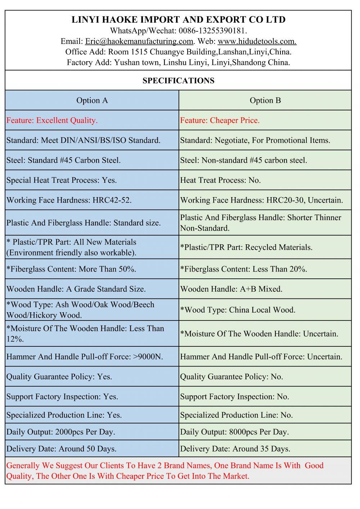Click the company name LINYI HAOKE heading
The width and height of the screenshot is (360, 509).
(179, 20)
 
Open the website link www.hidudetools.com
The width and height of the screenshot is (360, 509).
(257, 41)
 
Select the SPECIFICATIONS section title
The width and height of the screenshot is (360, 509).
(179, 81)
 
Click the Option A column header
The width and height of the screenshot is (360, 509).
(92, 100)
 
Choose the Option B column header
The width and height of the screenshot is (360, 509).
(265, 100)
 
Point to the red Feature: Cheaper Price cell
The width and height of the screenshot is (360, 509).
(220, 121)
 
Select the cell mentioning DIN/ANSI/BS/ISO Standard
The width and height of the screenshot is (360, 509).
(84, 140)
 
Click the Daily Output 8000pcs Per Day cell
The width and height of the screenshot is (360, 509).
(234, 432)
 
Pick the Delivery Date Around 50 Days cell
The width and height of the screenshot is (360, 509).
(62, 449)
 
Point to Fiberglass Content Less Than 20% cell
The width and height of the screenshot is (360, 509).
(244, 269)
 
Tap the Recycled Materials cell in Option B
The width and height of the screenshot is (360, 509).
(246, 247)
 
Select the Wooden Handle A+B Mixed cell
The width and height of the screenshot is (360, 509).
(231, 289)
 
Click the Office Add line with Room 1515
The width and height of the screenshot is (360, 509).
(179, 52)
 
